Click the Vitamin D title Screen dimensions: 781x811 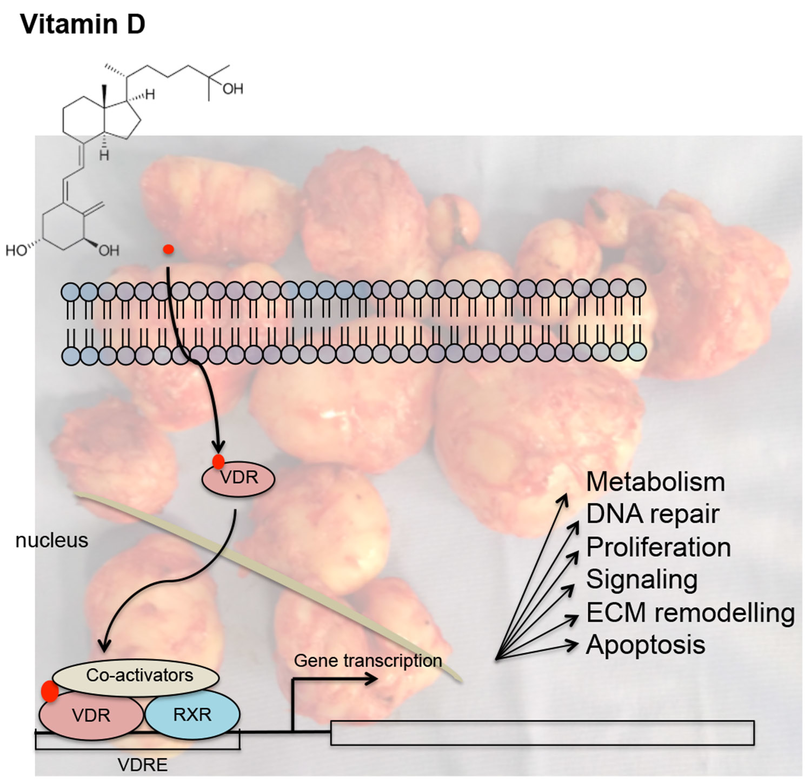click(x=83, y=25)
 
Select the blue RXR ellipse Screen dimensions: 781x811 click(x=192, y=714)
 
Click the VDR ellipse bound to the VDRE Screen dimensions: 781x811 click(x=90, y=716)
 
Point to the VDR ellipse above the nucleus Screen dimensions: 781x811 click(x=238, y=478)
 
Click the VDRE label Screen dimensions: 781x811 click(x=142, y=765)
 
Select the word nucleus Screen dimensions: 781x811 click(x=51, y=540)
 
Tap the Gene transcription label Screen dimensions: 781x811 click(x=368, y=660)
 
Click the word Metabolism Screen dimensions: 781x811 click(x=655, y=482)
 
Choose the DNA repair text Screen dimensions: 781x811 click(x=653, y=514)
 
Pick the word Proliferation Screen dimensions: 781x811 click(x=659, y=547)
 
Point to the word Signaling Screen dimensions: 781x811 click(x=642, y=579)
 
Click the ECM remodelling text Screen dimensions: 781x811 click(x=690, y=613)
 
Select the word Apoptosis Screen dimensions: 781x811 click(x=646, y=645)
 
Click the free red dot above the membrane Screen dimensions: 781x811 click(x=169, y=249)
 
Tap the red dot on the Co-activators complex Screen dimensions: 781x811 click(x=50, y=692)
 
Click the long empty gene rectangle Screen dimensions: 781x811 click(x=542, y=733)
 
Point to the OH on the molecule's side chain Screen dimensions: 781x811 click(x=232, y=89)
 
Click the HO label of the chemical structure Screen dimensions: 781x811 click(x=16, y=250)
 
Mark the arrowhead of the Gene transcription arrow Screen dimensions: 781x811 click(x=373, y=679)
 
